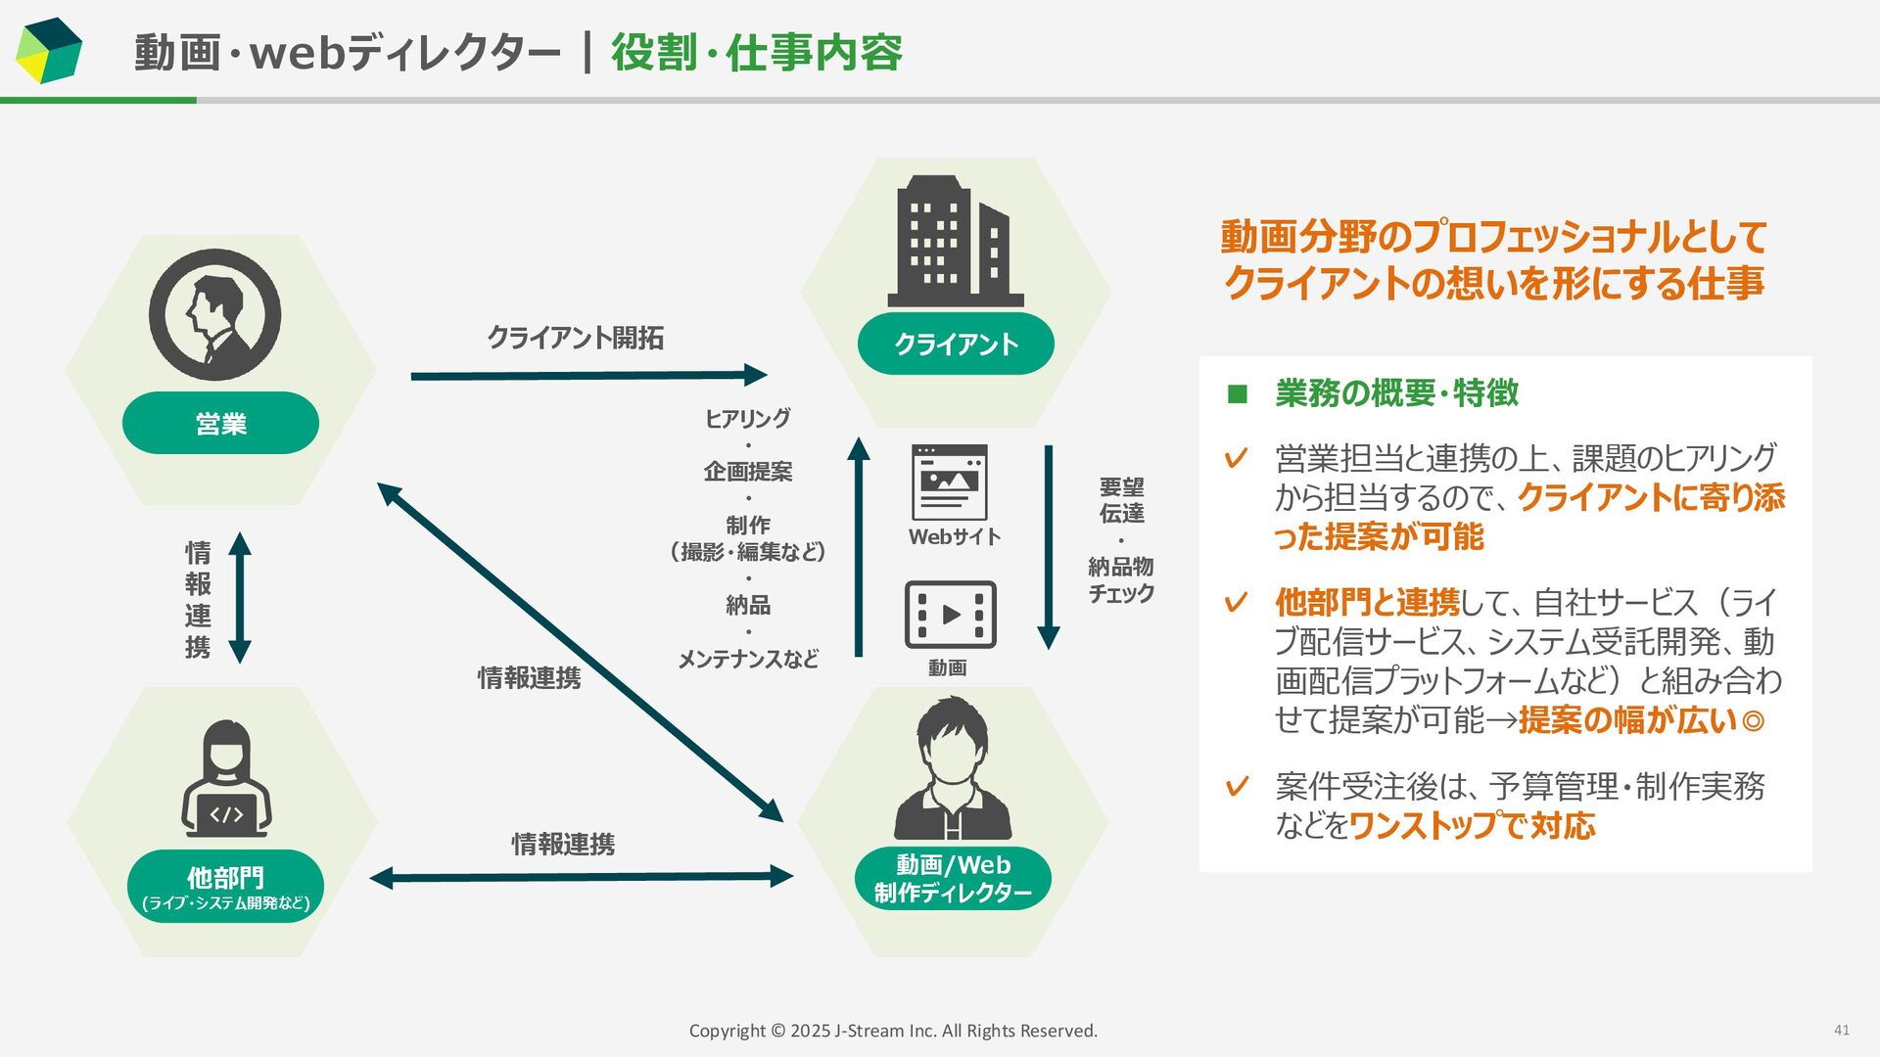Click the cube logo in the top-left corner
point(48,51)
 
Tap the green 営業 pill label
point(220,423)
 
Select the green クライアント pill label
point(956,344)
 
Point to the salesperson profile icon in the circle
point(215,315)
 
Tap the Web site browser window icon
point(949,483)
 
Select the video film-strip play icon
point(950,615)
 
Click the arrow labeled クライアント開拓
point(587,375)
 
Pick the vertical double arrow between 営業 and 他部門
point(240,597)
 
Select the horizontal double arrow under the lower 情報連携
point(581,877)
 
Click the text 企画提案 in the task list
point(748,472)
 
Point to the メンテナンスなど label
point(748,659)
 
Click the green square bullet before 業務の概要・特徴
point(1238,394)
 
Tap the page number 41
point(1841,1030)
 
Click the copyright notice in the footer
point(893,1031)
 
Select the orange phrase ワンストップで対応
point(1472,826)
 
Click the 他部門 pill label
point(226,886)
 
